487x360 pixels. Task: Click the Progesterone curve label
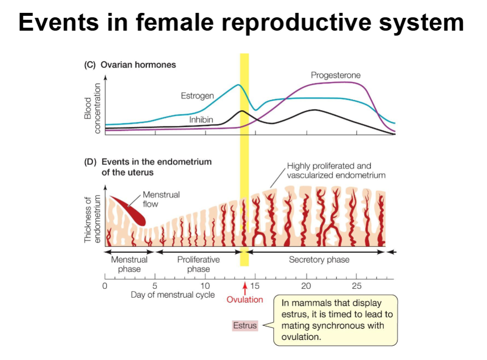335,75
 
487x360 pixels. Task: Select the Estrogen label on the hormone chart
197,96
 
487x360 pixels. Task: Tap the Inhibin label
201,120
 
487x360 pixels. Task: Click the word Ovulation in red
244,299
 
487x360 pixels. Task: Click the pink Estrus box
245,326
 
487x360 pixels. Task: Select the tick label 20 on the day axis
306,286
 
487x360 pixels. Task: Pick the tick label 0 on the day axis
105,286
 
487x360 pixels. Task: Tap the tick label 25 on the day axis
357,286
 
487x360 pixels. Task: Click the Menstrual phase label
129,264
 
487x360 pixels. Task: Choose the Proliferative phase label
199,264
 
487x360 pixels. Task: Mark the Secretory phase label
319,260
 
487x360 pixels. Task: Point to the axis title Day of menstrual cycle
173,295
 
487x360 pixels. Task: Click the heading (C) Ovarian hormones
130,65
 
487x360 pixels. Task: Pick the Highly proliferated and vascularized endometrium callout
336,170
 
